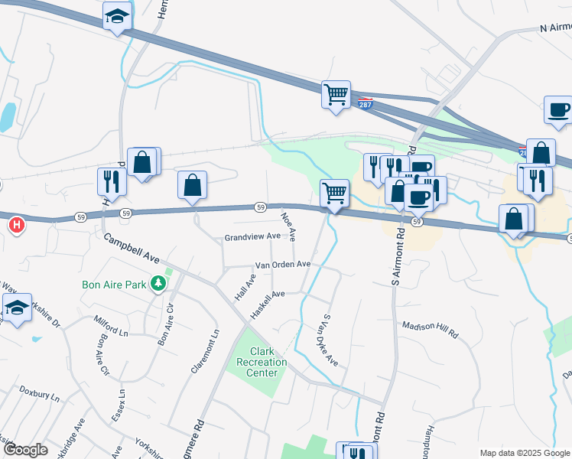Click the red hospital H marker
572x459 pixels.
click(x=16, y=226)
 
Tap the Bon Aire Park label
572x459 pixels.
click(x=114, y=285)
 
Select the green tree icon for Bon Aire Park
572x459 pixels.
click(x=158, y=285)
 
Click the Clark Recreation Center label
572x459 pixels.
click(x=262, y=362)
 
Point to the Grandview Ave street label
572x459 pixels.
click(x=252, y=238)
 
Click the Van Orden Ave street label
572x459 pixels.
click(x=282, y=265)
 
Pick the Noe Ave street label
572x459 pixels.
click(x=288, y=226)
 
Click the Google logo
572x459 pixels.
click(x=25, y=450)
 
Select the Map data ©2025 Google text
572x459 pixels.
click(x=523, y=453)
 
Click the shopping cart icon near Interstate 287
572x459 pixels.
click(x=336, y=95)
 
